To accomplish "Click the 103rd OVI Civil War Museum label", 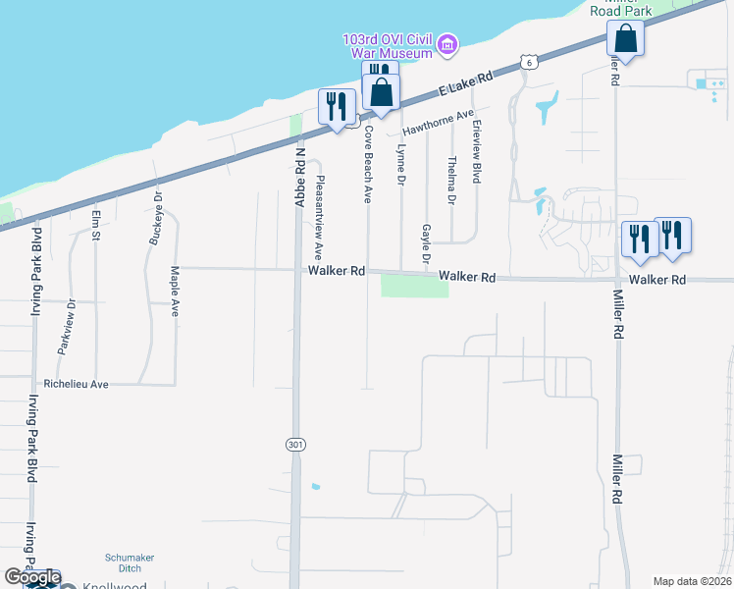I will coord(388,45).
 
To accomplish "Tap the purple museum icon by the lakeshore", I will coord(448,44).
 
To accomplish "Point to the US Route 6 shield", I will coord(530,62).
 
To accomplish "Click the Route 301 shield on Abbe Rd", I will coord(295,445).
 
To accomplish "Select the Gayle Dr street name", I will coord(426,244).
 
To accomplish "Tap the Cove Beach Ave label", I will coord(369,163).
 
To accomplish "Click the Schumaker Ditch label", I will coord(130,562).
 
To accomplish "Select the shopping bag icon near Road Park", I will coord(624,41).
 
